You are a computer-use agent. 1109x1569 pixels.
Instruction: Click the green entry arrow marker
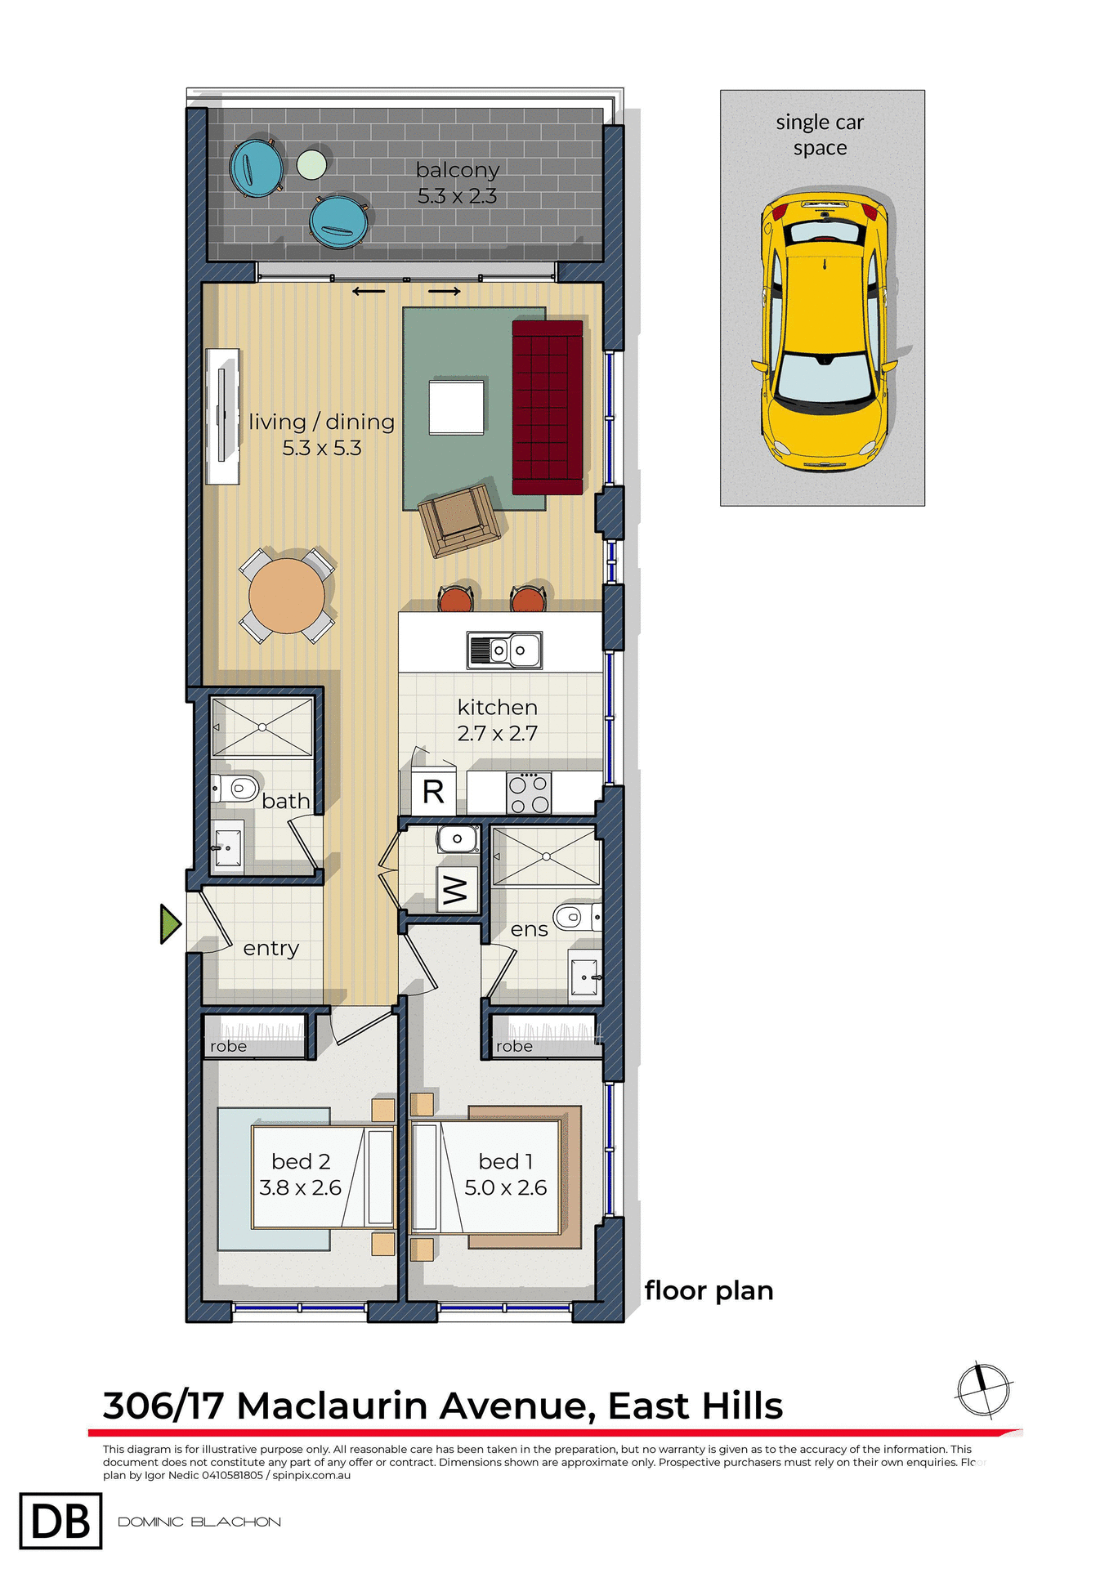pos(170,924)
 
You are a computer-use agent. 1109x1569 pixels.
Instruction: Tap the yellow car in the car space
pos(824,331)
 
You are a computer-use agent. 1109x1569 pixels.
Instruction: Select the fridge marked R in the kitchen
pos(433,791)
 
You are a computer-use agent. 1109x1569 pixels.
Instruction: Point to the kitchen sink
pos(504,650)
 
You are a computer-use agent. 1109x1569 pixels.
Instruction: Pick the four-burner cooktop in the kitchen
pos(528,793)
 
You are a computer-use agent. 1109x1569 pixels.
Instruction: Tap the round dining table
pos(287,596)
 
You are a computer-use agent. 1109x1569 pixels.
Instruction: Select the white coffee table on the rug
pos(456,406)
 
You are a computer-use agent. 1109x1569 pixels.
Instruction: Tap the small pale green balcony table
pos(311,165)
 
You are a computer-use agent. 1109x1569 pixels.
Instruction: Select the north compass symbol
pos(984,1389)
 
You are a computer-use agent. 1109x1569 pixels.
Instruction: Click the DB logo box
pos(60,1521)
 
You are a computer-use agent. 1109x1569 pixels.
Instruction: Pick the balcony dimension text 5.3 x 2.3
pos(457,196)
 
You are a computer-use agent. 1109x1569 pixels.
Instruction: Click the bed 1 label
pos(506,1161)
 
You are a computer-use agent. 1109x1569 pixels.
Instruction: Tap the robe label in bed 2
pos(228,1046)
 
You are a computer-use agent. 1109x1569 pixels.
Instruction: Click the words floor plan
pos(709,1290)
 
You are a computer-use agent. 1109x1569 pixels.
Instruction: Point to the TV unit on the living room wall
pos(222,416)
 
